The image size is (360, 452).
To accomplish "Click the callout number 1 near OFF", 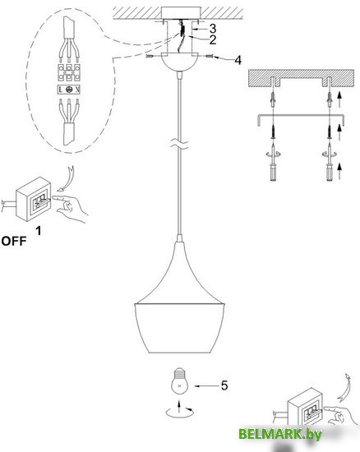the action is (39, 231).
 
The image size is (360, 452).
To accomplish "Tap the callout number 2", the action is (213, 39).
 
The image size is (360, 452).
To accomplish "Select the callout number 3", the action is (213, 29).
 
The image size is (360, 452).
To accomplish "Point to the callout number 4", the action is (238, 60).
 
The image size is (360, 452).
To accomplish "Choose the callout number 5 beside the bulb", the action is (224, 385).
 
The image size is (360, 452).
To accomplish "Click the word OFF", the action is (14, 241).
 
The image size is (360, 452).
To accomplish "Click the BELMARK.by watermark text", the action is (280, 434).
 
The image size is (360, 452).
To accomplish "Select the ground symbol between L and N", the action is (68, 90).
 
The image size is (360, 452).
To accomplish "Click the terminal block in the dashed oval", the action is (69, 72).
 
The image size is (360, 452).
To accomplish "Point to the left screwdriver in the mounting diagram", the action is (273, 166).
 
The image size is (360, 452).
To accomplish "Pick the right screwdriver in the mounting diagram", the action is (329, 166).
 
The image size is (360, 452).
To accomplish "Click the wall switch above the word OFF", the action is (33, 199).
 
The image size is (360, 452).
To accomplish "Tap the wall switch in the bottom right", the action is (307, 408).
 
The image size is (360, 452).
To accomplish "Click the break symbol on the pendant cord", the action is (179, 143).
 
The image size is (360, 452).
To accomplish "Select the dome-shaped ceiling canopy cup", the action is (179, 62).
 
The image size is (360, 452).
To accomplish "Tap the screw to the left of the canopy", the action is (151, 57).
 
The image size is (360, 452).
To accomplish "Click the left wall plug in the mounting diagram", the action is (273, 99).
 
